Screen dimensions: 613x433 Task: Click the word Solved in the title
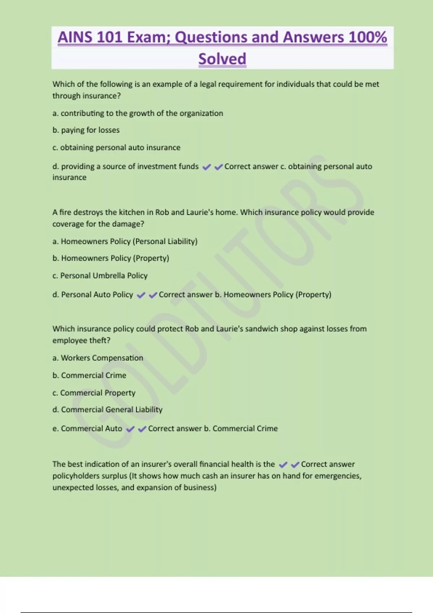(222, 59)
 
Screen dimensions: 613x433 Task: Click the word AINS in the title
(75, 37)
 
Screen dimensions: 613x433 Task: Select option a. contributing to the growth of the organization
(137, 113)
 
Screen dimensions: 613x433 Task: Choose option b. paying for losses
(86, 130)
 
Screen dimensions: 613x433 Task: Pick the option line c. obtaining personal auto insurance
(116, 147)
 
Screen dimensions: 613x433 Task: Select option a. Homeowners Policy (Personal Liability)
(125, 241)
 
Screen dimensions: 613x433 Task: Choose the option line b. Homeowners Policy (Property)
(111, 258)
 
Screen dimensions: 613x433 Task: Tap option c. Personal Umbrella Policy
(100, 275)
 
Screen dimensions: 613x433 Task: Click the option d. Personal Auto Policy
(93, 295)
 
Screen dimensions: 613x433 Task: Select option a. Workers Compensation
(97, 358)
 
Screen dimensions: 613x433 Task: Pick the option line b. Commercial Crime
(89, 375)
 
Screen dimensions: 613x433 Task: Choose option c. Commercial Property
(94, 393)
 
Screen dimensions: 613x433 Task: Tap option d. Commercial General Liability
(107, 410)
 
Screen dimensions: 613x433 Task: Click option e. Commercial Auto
(87, 428)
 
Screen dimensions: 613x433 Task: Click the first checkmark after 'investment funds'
(207, 167)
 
